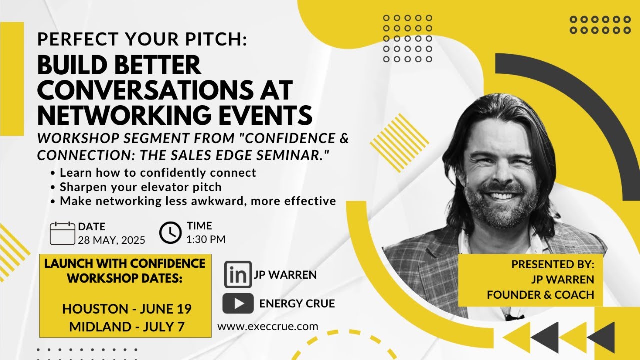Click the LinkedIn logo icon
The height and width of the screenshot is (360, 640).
point(238,274)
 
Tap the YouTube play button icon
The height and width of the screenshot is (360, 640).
point(238,303)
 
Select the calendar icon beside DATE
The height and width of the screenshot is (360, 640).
point(62,233)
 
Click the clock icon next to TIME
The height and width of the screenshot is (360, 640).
point(170,233)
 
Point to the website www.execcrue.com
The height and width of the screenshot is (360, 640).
point(268,327)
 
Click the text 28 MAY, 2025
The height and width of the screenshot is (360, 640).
point(111,240)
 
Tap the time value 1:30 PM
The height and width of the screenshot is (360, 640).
point(206,239)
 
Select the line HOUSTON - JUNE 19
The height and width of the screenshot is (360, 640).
point(127,309)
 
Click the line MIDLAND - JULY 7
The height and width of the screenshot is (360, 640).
point(127,327)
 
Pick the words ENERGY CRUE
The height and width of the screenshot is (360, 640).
point(297,303)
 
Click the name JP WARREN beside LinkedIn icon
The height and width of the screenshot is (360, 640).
point(285,275)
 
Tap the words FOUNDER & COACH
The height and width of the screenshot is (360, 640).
point(540,295)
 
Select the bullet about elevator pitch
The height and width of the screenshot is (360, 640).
point(141,187)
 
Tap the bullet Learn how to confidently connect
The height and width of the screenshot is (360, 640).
point(158,173)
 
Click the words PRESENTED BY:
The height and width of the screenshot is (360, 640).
point(552,264)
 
